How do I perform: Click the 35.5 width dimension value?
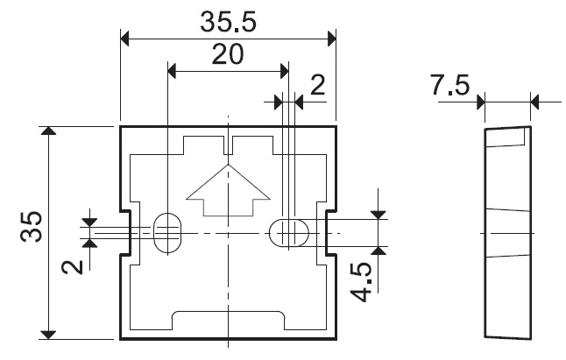[x=228, y=22]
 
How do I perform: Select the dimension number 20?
[x=228, y=54]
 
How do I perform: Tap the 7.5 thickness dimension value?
[x=450, y=85]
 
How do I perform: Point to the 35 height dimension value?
[x=32, y=226]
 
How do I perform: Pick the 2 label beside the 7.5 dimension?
[x=318, y=85]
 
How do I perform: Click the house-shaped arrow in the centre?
[x=228, y=190]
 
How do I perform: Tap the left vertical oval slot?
[x=168, y=233]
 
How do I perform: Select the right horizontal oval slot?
[x=289, y=233]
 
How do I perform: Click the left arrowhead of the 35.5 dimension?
[x=125, y=39]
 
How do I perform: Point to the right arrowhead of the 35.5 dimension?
[x=331, y=39]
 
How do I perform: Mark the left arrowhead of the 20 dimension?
[x=173, y=71]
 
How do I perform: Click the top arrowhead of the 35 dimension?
[x=49, y=131]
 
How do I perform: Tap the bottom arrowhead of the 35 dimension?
[x=48, y=335]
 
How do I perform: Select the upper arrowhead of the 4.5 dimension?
[x=379, y=215]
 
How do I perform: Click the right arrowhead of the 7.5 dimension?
[x=535, y=102]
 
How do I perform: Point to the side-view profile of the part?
[x=507, y=233]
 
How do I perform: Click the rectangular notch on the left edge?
[x=125, y=233]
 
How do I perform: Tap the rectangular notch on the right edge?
[x=331, y=233]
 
